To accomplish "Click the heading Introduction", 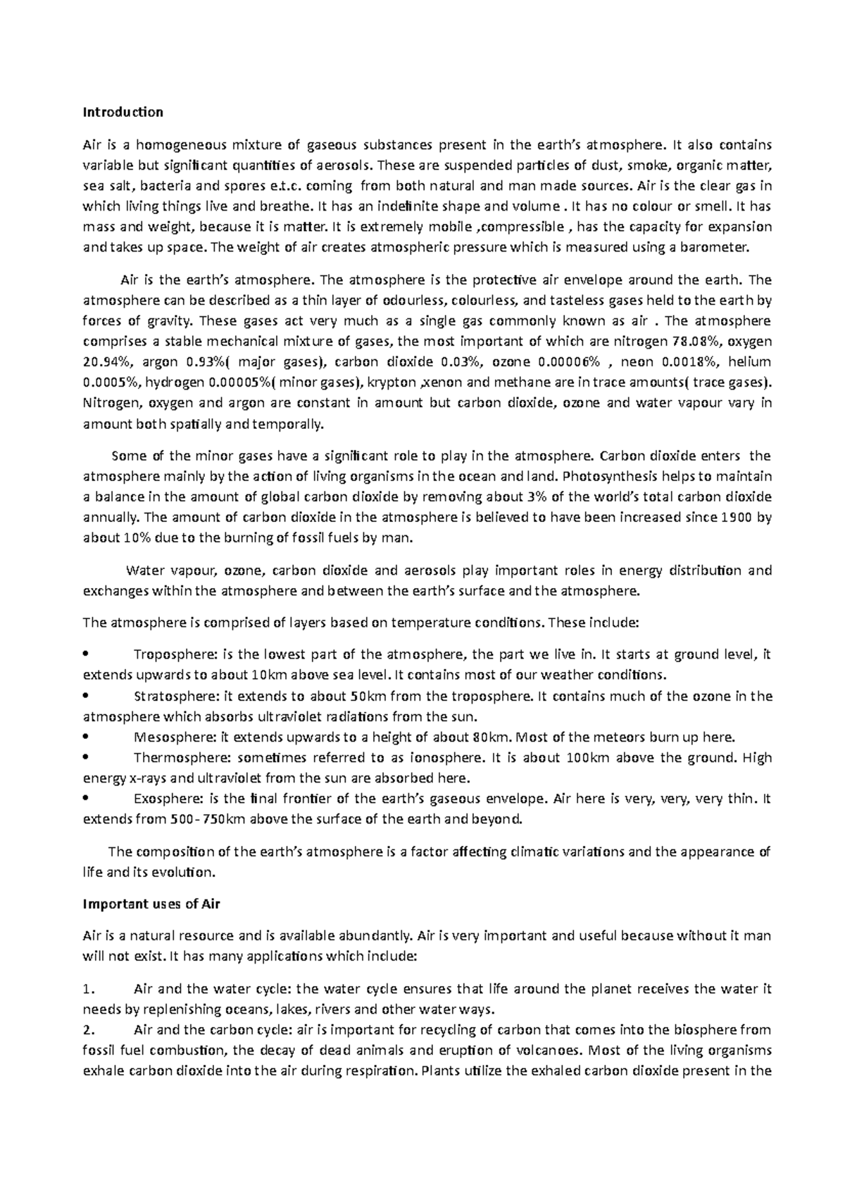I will click(x=123, y=112).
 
